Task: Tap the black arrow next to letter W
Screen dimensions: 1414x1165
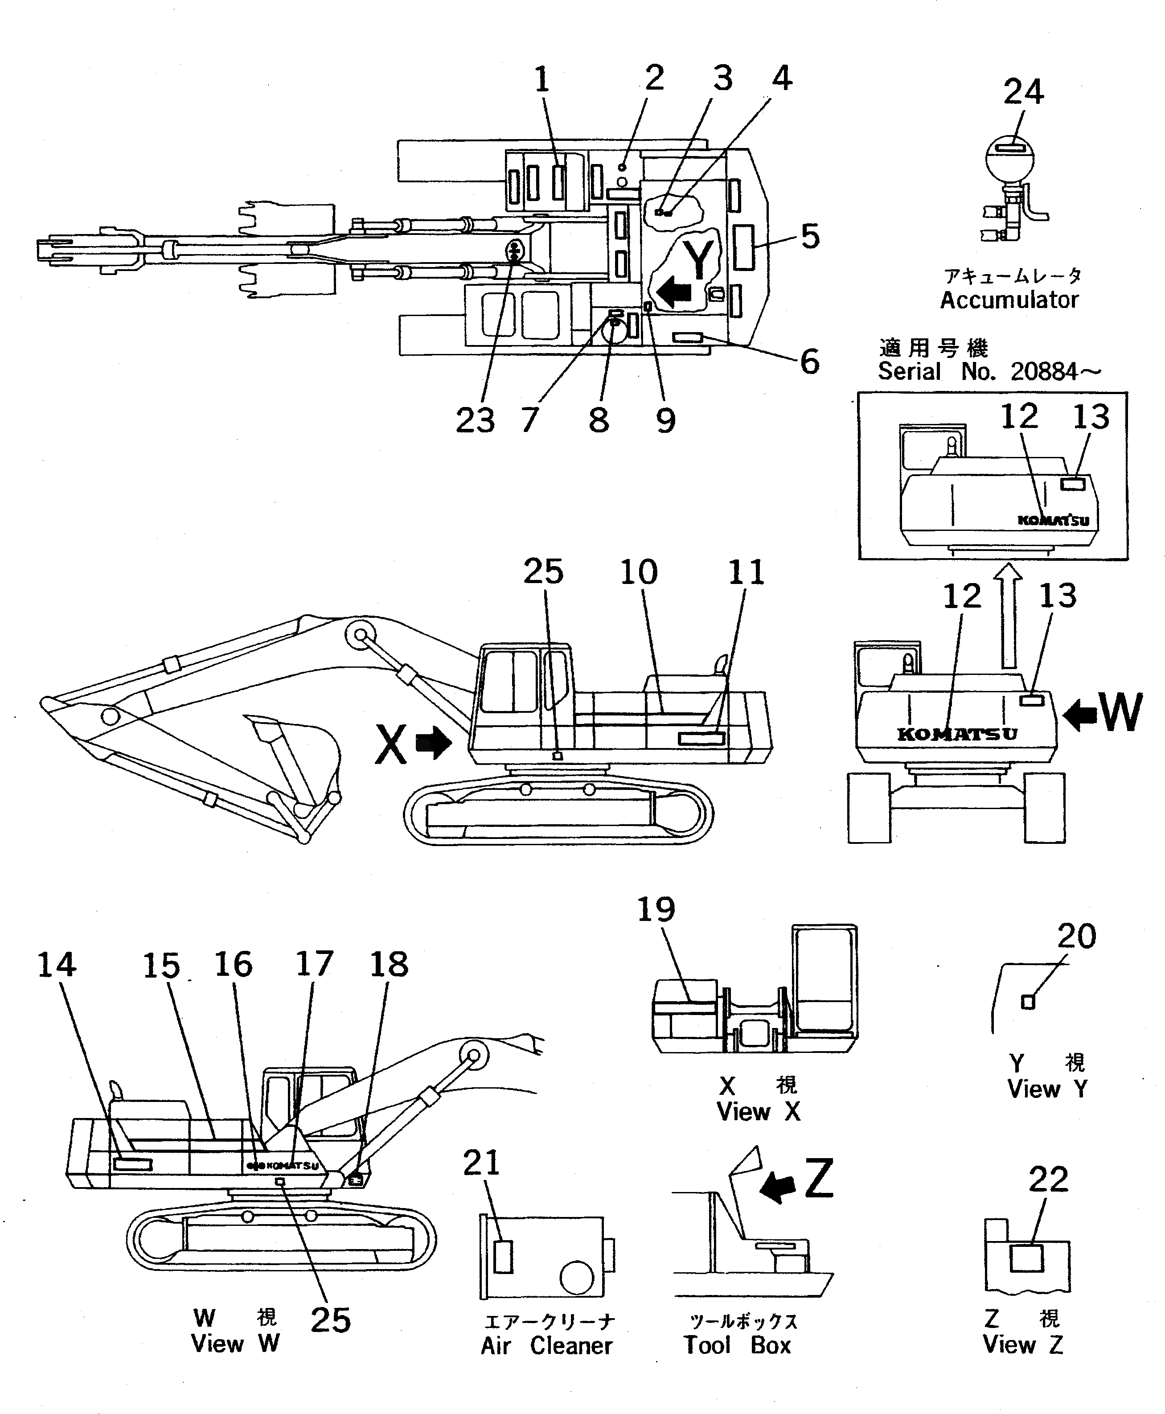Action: coord(1080,714)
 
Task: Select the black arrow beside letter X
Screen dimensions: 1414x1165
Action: coord(434,744)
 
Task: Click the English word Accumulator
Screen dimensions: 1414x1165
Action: coord(1009,300)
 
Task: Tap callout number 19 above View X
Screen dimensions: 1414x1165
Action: coord(656,910)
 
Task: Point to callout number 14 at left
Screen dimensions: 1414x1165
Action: coord(56,965)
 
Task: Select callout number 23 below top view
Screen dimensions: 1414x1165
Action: coord(475,421)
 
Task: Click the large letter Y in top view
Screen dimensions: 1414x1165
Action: coord(698,259)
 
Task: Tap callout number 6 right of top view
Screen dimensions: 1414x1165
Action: coord(809,361)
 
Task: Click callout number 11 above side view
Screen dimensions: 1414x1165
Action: coord(746,572)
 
